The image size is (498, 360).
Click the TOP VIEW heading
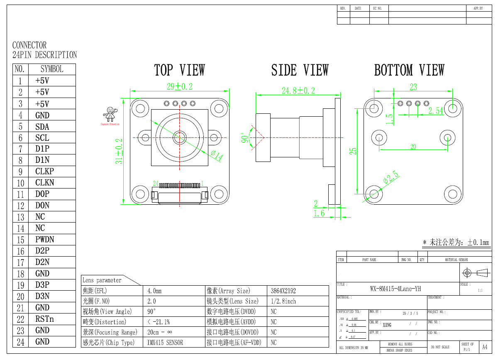click(179, 70)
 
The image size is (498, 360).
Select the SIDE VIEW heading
click(300, 70)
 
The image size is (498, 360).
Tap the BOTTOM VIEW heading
click(409, 70)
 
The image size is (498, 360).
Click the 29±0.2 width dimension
click(180, 86)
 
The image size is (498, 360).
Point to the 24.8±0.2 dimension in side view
click(298, 91)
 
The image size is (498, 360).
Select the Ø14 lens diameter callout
click(216, 156)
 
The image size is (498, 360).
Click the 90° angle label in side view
click(245, 137)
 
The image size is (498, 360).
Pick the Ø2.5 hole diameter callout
click(391, 177)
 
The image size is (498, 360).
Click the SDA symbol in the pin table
click(42, 127)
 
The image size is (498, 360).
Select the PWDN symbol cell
click(44, 240)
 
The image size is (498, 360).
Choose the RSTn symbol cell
click(44, 319)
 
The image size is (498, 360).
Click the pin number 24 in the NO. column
click(20, 342)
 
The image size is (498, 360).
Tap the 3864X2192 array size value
click(283, 291)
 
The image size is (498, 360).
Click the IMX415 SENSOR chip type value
click(165, 343)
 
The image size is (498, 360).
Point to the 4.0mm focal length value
click(154, 291)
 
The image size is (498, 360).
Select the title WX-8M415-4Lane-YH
click(395, 289)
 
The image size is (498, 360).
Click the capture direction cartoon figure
click(110, 114)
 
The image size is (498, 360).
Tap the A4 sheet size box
click(484, 347)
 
